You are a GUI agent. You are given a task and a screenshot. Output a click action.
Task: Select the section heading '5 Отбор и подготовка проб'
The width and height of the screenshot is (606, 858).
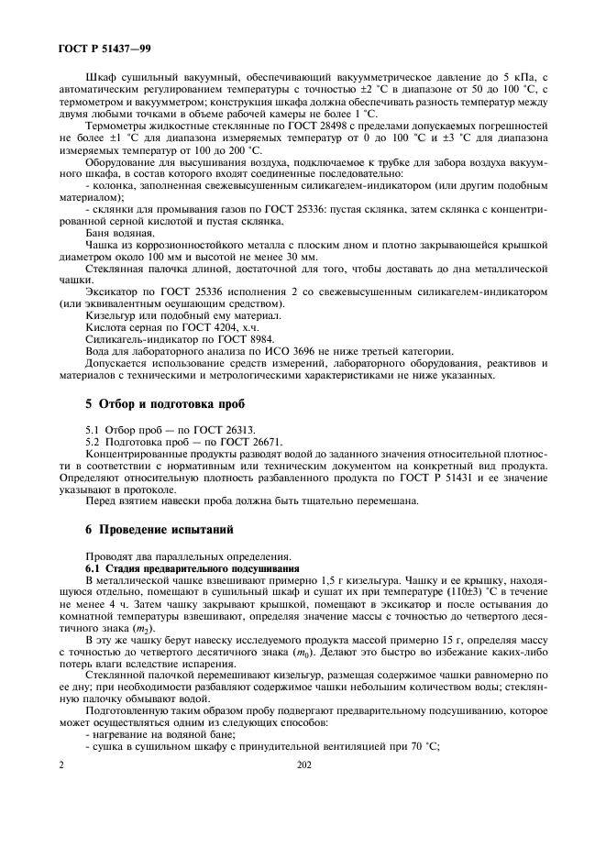tap(165, 404)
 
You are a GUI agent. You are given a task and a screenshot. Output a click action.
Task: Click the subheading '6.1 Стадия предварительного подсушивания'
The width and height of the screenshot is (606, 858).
tap(173, 569)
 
